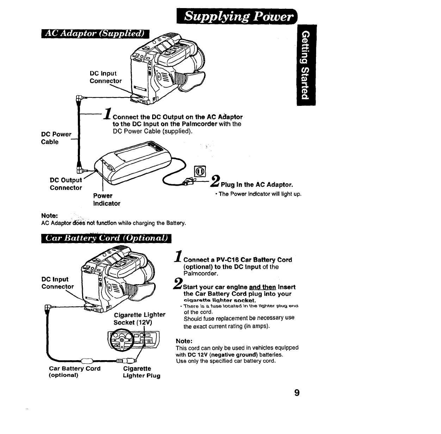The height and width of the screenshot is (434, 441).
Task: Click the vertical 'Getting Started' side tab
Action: tap(306, 65)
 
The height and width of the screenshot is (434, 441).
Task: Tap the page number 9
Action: tap(297, 392)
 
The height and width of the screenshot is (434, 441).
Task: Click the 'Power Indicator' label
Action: tap(106, 199)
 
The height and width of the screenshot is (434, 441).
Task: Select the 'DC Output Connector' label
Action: tap(66, 184)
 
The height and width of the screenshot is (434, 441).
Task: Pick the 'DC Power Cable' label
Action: tap(56, 138)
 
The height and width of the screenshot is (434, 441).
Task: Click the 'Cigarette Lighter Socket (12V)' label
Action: tap(139, 318)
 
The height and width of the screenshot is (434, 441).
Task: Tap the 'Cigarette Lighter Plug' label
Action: tap(141, 372)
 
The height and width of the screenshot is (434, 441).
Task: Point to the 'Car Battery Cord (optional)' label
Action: tap(74, 371)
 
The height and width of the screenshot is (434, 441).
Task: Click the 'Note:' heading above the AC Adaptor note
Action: tap(50, 216)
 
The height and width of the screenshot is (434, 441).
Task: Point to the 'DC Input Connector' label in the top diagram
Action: tap(105, 77)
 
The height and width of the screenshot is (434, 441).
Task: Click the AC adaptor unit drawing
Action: tap(134, 165)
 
